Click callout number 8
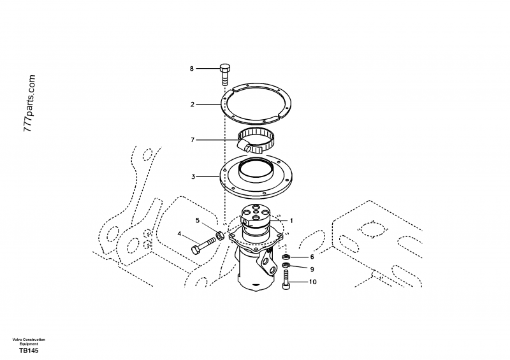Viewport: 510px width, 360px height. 191,68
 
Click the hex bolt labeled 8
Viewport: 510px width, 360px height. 225,74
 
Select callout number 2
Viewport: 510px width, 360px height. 191,103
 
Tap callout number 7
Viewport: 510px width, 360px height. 191,140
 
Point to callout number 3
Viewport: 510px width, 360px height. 191,175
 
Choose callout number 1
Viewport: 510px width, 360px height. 291,220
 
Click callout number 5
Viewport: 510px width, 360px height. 198,220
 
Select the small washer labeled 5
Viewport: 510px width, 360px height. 219,236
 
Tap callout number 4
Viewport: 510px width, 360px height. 180,234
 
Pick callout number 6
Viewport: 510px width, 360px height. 312,257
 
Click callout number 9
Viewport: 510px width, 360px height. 312,269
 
